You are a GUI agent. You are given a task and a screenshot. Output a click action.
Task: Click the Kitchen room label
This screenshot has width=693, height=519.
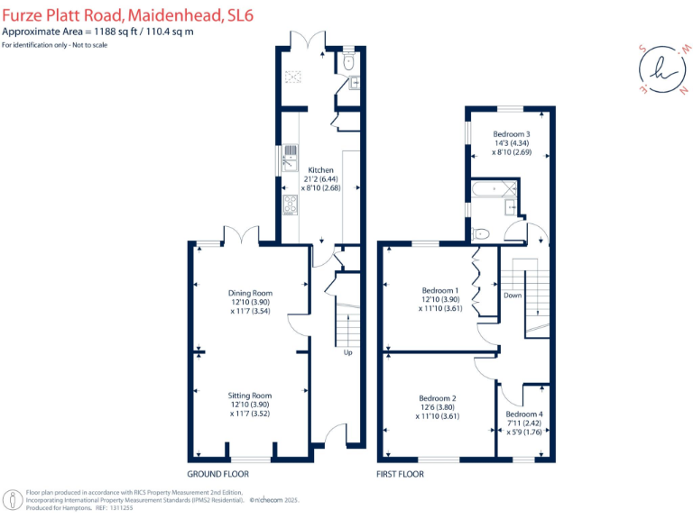320,170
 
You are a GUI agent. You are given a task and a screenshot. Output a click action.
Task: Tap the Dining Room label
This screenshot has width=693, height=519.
250,293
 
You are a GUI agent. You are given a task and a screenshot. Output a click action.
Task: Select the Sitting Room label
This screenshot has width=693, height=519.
250,396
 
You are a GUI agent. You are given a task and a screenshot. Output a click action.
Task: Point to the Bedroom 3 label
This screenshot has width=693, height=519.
511,134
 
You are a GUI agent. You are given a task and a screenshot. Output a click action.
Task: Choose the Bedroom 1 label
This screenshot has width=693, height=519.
439,290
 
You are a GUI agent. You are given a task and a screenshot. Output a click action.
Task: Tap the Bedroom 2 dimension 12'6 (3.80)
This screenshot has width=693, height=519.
438,407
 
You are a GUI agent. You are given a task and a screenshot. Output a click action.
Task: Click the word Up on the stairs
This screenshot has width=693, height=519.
347,352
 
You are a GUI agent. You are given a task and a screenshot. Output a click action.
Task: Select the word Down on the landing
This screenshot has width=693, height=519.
513,296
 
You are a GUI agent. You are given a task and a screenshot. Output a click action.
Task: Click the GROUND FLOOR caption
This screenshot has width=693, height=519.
217,474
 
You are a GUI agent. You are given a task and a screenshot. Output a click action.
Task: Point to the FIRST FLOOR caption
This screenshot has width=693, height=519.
403,474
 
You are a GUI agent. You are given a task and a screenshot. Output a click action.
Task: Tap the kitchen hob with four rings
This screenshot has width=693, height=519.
291,206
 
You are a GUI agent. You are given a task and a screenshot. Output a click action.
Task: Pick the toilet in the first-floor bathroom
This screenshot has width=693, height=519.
482,233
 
